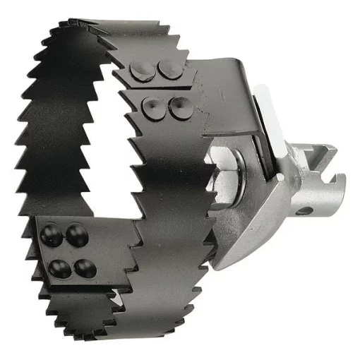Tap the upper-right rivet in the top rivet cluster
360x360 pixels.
169,68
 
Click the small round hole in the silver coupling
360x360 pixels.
306,210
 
